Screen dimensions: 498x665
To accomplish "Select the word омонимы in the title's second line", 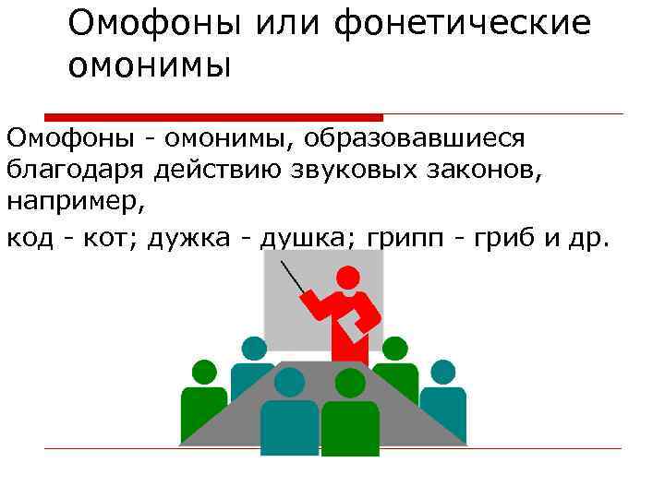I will pyautogui.click(x=149, y=65).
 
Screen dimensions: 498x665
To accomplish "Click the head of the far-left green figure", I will pyautogui.click(x=204, y=372).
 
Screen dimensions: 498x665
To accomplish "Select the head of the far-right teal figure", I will pyautogui.click(x=442, y=372).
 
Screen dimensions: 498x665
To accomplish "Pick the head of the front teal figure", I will pyautogui.click(x=289, y=382).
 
